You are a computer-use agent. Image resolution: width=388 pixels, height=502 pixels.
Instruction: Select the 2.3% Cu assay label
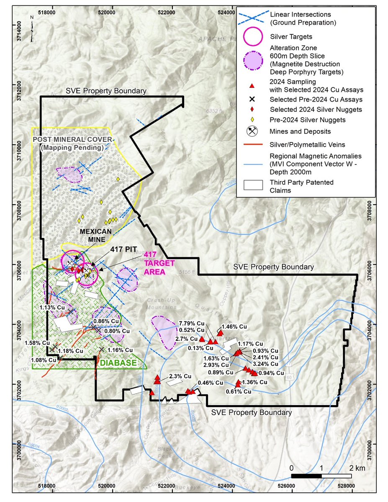[x=179, y=376]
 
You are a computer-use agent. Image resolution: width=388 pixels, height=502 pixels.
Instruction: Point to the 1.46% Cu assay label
[x=235, y=326]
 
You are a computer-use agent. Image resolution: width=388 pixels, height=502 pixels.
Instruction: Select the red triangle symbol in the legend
[x=252, y=85]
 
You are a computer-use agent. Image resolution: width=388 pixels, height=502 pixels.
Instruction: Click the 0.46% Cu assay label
[x=211, y=382]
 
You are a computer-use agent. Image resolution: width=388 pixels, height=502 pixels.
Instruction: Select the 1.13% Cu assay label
[x=52, y=307]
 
